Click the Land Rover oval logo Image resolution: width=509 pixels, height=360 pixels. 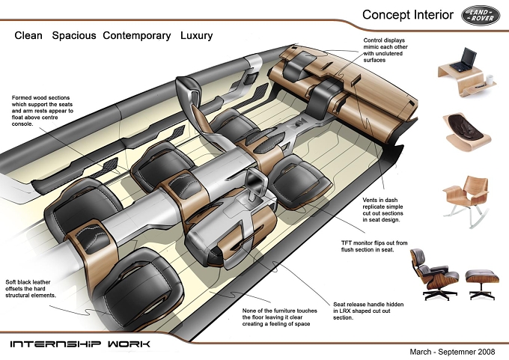(481, 15)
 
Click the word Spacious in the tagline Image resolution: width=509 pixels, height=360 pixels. (74, 35)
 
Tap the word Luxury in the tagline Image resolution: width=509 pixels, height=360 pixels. (196, 35)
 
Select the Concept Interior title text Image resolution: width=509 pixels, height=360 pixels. (408, 15)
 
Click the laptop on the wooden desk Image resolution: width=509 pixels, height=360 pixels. (463, 59)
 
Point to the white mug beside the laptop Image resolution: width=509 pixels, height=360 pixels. (490, 79)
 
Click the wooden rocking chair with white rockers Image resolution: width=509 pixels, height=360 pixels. (466, 201)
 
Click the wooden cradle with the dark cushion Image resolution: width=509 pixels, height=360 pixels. (467, 132)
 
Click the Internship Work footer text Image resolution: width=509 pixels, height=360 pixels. (80, 344)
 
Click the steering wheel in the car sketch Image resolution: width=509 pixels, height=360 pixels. (193, 107)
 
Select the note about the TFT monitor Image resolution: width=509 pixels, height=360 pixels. (374, 246)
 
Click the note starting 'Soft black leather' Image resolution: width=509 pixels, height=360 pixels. (31, 289)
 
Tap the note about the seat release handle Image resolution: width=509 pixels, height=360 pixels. (368, 311)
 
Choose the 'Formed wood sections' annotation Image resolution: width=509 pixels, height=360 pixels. (42, 111)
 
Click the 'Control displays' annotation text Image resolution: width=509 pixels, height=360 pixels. (385, 50)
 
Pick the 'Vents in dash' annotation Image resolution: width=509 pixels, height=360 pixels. (382, 210)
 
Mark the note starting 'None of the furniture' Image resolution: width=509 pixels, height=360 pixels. (279, 317)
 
